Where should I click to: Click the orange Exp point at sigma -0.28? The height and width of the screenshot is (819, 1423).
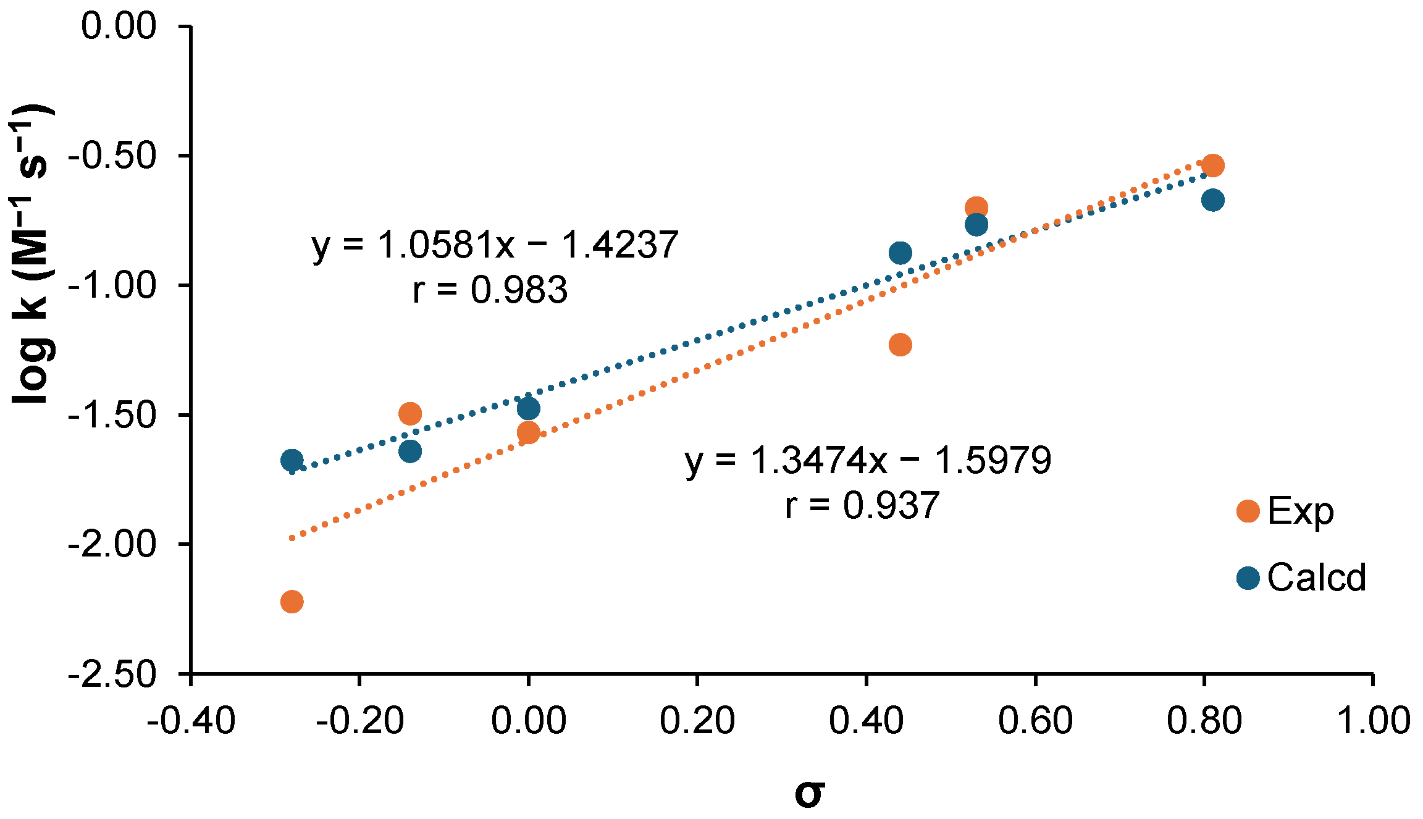click(x=292, y=601)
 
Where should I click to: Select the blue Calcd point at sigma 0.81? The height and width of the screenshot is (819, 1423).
click(x=1212, y=200)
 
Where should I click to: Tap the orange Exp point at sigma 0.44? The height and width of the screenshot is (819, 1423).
click(x=900, y=345)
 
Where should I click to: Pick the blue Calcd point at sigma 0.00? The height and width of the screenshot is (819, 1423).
click(x=528, y=408)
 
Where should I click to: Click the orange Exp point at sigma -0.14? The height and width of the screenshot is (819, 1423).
click(x=410, y=413)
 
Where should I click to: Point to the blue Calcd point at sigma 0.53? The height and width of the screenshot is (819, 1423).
click(x=976, y=224)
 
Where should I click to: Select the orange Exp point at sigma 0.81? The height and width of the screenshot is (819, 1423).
click(x=1212, y=166)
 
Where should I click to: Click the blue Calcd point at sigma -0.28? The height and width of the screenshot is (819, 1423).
click(x=292, y=460)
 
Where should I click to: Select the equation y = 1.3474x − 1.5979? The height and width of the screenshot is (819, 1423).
click(x=868, y=460)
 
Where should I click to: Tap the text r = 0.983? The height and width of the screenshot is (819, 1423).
click(x=490, y=290)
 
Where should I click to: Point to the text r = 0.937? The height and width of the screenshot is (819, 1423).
click(x=862, y=505)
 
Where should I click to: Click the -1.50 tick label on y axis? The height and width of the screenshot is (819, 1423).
click(x=112, y=415)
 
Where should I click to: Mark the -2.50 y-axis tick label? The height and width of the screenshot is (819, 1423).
click(x=112, y=674)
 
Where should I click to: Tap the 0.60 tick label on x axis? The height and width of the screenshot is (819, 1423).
click(x=1035, y=721)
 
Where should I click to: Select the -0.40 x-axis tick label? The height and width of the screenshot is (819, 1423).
click(x=191, y=721)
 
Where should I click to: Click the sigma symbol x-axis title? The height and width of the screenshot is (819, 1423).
click(x=809, y=794)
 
